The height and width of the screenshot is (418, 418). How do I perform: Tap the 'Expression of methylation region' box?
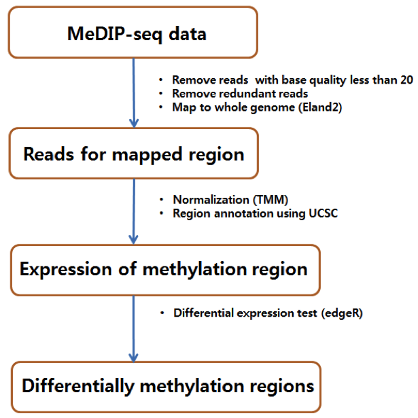164,269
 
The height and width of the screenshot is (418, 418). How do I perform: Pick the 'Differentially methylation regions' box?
168,386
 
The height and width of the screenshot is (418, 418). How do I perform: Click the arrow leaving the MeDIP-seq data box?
133,92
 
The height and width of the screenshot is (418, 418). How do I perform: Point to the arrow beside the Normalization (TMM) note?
133,211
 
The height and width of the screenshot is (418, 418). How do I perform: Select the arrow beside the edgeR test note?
133,327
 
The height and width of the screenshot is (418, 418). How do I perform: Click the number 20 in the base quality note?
406,80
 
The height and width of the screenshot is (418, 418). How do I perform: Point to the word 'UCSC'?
316,214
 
